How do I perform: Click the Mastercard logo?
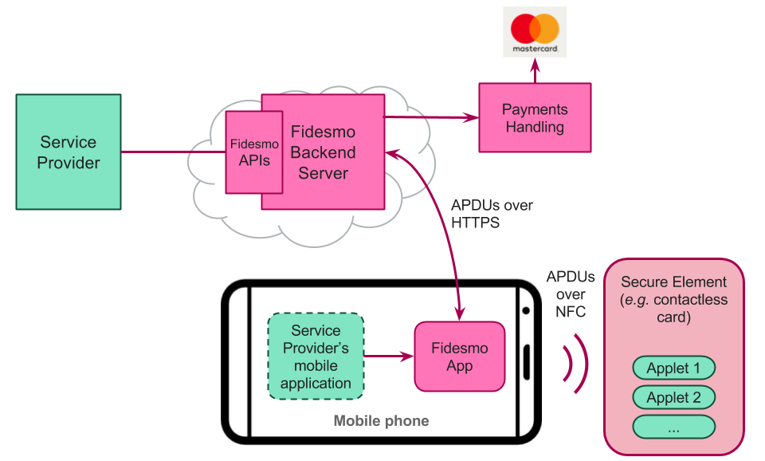point(535,32)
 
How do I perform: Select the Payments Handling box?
point(535,117)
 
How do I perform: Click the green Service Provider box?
point(69,152)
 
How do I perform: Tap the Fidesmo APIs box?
point(253,152)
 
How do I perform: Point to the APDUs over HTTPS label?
point(491,214)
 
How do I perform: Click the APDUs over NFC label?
point(570,294)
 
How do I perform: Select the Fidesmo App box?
point(459,357)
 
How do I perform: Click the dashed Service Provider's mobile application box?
point(316,357)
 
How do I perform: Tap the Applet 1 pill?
point(673,368)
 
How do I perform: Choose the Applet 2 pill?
point(673,397)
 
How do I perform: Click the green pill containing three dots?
point(673,427)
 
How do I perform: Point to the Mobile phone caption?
point(381,420)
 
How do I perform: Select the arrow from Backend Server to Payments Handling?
point(430,118)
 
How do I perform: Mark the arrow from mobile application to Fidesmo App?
point(389,357)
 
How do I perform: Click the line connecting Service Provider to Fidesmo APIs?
point(173,152)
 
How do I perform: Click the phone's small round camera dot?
point(526,310)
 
